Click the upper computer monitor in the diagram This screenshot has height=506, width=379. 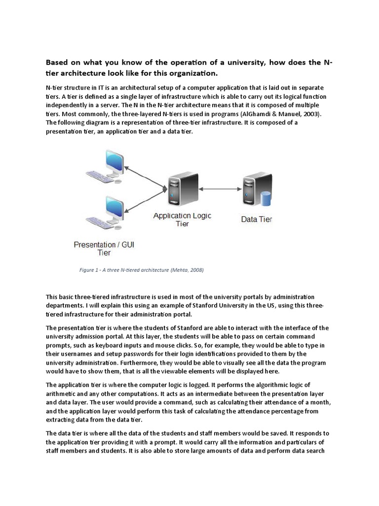click(x=112, y=161)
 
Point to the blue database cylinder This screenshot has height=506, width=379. click(x=266, y=199)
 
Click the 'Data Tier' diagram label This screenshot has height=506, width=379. click(x=256, y=219)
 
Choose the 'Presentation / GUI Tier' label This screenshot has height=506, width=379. click(x=104, y=248)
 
